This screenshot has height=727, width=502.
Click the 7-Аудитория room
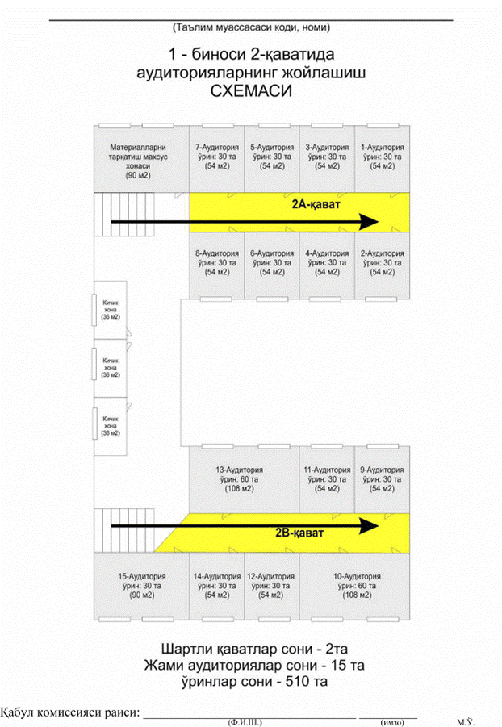click(x=216, y=159)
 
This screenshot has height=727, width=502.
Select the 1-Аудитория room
click(x=383, y=159)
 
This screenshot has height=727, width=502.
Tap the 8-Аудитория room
click(x=216, y=265)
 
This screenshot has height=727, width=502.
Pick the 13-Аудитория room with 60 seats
click(x=244, y=479)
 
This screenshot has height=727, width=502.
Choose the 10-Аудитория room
click(x=354, y=586)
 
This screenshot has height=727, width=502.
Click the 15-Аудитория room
click(x=141, y=586)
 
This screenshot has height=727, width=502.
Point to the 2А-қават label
click(x=316, y=204)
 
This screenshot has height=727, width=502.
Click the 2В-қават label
click(x=299, y=533)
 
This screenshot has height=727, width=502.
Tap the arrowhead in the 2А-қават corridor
click(x=370, y=222)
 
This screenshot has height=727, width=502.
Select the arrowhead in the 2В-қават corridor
click(x=370, y=526)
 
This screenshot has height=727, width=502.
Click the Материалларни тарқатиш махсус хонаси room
click(x=141, y=159)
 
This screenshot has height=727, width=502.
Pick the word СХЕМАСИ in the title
click(x=251, y=91)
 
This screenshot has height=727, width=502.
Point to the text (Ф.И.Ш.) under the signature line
click(x=245, y=722)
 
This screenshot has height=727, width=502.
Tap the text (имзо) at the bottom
click(x=392, y=722)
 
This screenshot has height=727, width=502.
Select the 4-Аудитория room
click(x=327, y=265)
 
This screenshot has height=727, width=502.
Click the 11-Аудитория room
click(x=327, y=479)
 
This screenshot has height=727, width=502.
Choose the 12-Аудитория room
click(x=272, y=586)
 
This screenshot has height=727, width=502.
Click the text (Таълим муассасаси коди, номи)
click(x=251, y=27)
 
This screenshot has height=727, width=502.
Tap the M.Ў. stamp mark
click(x=466, y=721)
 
